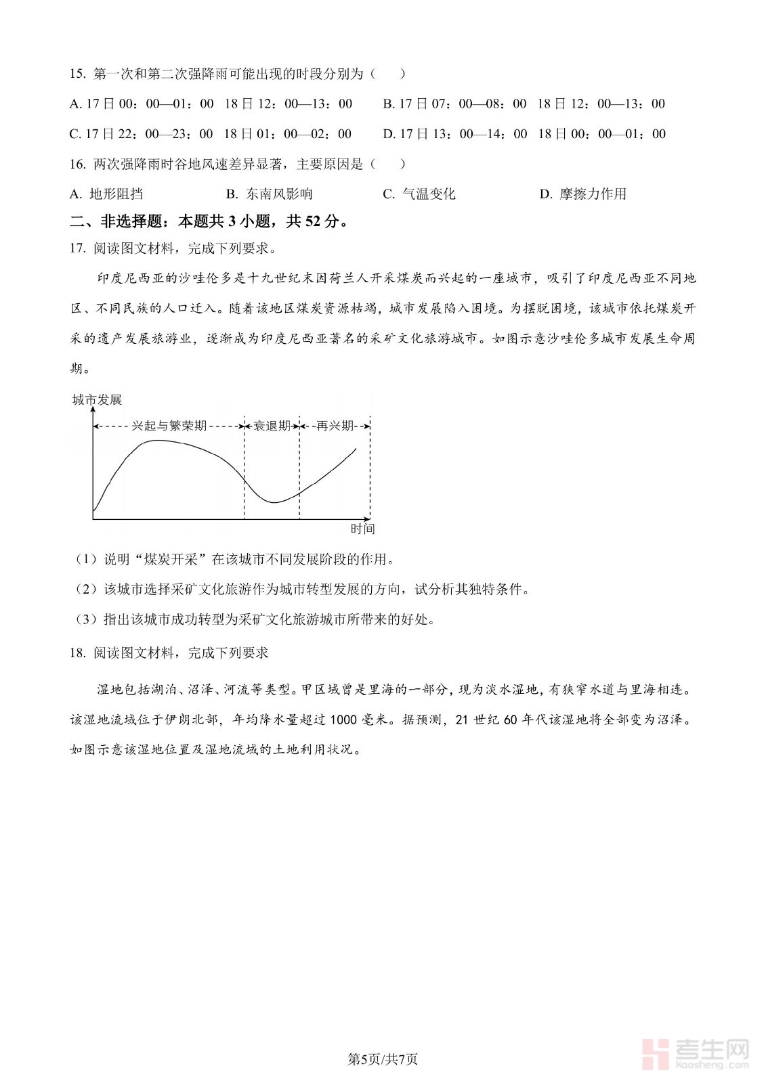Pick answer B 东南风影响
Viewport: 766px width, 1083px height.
270,194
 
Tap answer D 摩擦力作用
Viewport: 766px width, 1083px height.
582,194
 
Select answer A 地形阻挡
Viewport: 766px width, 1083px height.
106,194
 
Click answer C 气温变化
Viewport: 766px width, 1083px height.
419,194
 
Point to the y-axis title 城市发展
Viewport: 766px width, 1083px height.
98,400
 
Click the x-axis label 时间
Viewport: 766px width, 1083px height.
362,529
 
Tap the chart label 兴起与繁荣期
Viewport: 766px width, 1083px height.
169,426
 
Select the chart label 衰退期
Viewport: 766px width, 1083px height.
272,426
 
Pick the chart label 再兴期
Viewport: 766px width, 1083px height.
335,426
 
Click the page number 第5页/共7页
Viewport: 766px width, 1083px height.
383,1059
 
